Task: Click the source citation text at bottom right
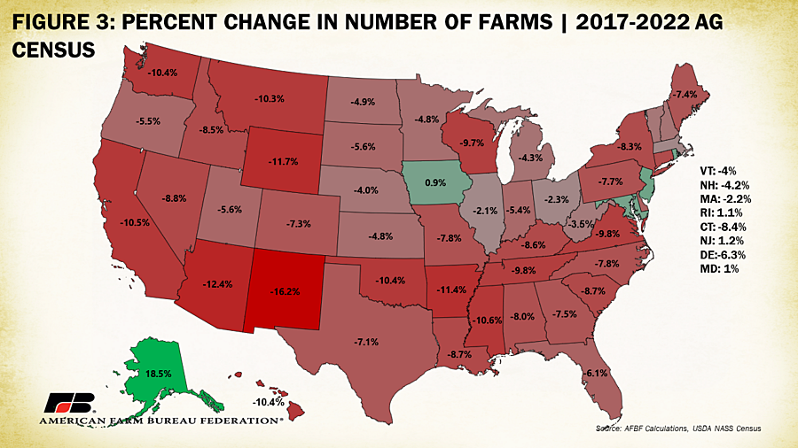pyautogui.click(x=679, y=429)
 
